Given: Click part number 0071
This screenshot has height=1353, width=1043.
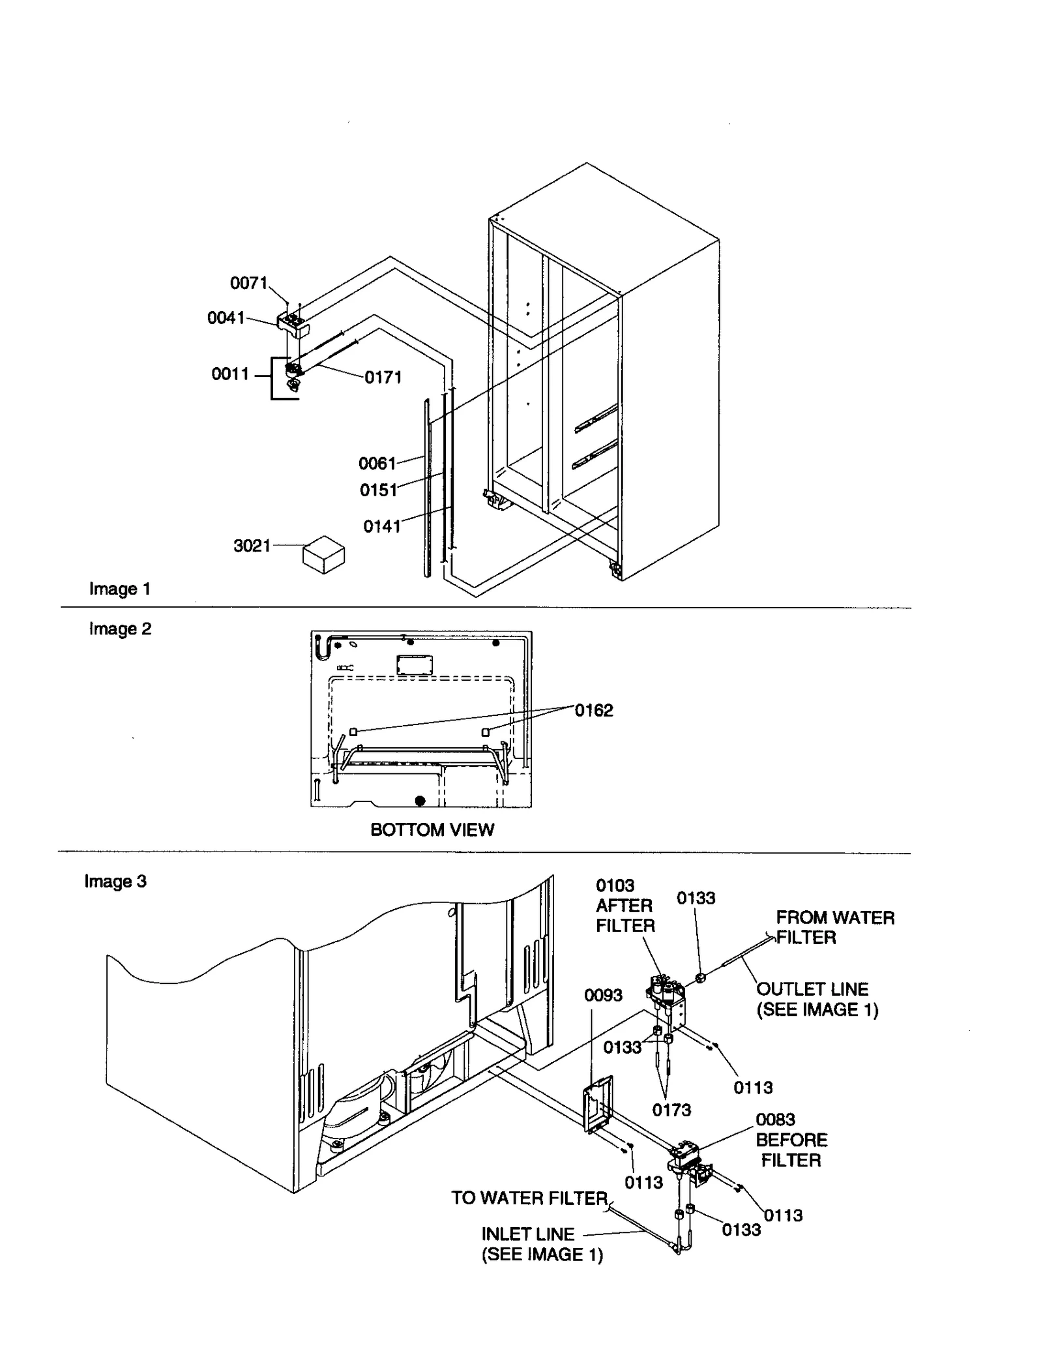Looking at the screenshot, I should [x=248, y=283].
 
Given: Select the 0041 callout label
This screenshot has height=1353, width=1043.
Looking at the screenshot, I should [x=226, y=318].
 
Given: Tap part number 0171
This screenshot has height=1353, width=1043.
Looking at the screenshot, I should [x=383, y=377].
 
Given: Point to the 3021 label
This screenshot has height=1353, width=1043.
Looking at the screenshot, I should [x=252, y=545].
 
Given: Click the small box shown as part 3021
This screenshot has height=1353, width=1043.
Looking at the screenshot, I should [x=323, y=554].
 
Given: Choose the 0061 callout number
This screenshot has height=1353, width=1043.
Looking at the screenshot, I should [x=377, y=464].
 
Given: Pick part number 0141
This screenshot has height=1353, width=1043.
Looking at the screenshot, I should [x=381, y=526].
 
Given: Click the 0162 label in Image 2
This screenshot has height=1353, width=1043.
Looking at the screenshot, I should [x=593, y=710].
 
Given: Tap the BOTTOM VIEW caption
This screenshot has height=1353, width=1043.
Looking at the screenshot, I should [x=432, y=829].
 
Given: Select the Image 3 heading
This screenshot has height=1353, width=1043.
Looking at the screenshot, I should [x=115, y=882].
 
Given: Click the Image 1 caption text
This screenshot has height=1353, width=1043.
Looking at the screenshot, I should [x=120, y=589].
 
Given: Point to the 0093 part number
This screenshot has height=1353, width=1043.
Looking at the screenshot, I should [x=603, y=995].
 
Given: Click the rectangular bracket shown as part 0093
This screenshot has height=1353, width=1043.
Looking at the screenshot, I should [x=598, y=1107].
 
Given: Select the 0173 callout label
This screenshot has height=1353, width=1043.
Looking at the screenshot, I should [x=671, y=1110].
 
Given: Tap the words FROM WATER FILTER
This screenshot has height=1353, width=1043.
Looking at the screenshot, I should [x=834, y=927].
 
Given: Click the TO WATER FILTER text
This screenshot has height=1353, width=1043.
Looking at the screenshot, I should [x=529, y=1198].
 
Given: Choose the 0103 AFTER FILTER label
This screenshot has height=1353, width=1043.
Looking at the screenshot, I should [x=624, y=905].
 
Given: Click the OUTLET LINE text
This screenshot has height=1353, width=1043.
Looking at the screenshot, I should [x=812, y=989].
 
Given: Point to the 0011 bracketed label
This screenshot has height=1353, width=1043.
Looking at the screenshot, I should [x=230, y=374].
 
